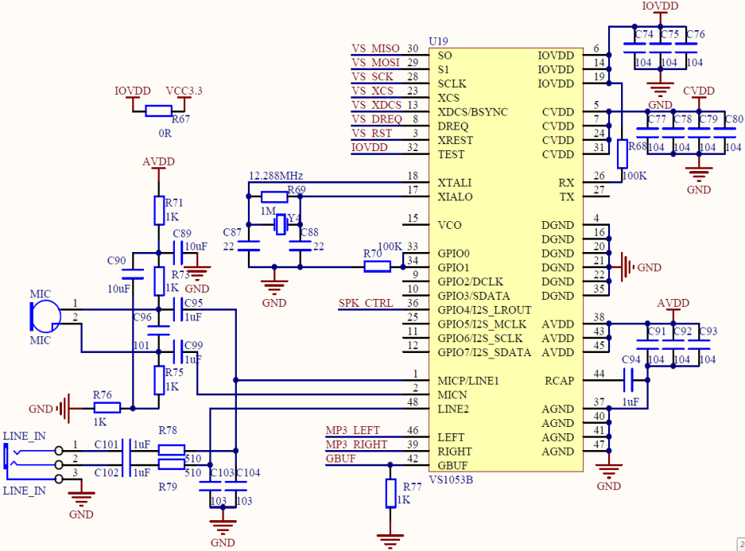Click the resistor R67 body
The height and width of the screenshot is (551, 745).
click(x=158, y=111)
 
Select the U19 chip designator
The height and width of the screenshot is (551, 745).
click(x=438, y=41)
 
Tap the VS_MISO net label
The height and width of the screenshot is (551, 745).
click(x=376, y=49)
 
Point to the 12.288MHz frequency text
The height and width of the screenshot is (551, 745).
click(x=276, y=175)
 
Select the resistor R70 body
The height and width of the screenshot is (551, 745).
click(x=377, y=267)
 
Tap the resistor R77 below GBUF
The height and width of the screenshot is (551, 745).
click(x=390, y=493)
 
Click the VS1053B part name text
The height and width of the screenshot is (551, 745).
click(x=451, y=479)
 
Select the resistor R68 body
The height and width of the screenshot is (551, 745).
click(x=623, y=153)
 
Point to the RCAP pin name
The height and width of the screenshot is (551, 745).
click(x=559, y=381)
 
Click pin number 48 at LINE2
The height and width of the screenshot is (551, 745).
click(x=412, y=402)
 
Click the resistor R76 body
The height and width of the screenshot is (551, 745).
click(x=107, y=408)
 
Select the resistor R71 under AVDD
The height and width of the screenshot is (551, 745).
click(x=158, y=211)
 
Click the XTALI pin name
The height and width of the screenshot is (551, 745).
click(x=455, y=183)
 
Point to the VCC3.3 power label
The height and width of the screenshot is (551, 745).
click(x=184, y=91)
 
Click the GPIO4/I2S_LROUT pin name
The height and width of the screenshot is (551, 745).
click(x=484, y=310)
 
